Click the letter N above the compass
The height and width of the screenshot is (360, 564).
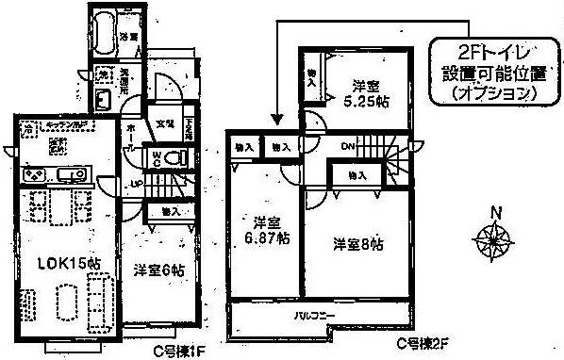coord(499,210)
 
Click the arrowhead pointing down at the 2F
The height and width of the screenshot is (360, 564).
coord(277,120)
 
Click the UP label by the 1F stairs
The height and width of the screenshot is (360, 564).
coord(137,182)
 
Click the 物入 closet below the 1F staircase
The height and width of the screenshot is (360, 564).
coord(170,211)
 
